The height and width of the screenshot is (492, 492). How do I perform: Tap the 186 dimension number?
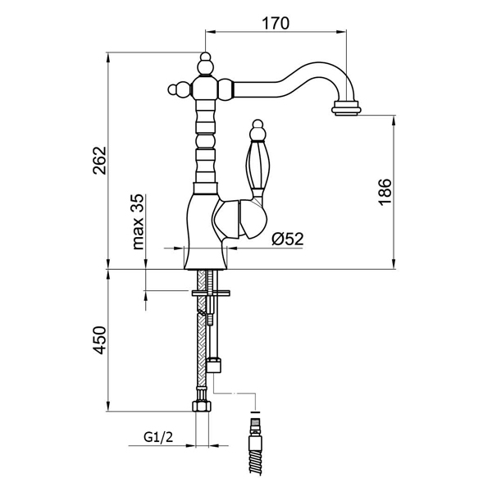coord(386,191)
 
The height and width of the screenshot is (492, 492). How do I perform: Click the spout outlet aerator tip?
coord(347,107)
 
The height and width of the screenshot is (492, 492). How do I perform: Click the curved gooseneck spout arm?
coord(295,80)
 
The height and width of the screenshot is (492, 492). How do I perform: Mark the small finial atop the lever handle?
coord(256,129)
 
